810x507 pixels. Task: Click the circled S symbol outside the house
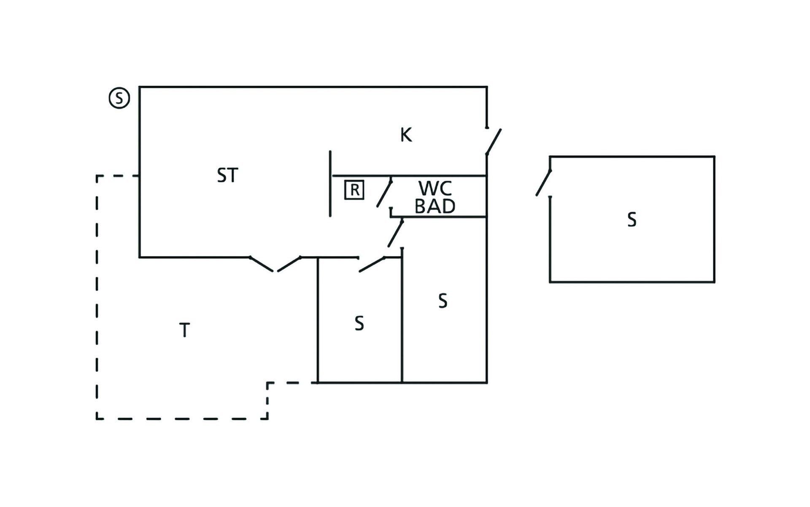tap(119, 98)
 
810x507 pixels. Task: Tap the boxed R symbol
tap(354, 190)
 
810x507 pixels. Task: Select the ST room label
tap(227, 175)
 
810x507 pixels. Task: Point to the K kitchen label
tap(406, 135)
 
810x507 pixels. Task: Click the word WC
tap(435, 188)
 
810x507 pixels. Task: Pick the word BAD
tap(435, 207)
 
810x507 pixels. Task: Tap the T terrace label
tap(184, 330)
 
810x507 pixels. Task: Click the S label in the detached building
tap(632, 220)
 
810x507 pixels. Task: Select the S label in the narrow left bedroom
tap(359, 324)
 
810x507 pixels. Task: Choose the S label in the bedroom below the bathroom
tap(443, 301)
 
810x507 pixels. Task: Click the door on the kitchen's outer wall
tap(493, 142)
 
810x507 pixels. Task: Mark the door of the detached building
tap(543, 183)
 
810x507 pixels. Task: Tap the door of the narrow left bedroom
tap(372, 264)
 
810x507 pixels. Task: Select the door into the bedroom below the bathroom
tap(396, 233)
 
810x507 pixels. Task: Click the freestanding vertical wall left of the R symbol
tap(330, 184)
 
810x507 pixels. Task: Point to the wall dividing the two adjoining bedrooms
tap(402, 317)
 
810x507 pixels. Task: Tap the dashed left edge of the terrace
tap(97, 296)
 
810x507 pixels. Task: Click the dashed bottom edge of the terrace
tap(181, 419)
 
